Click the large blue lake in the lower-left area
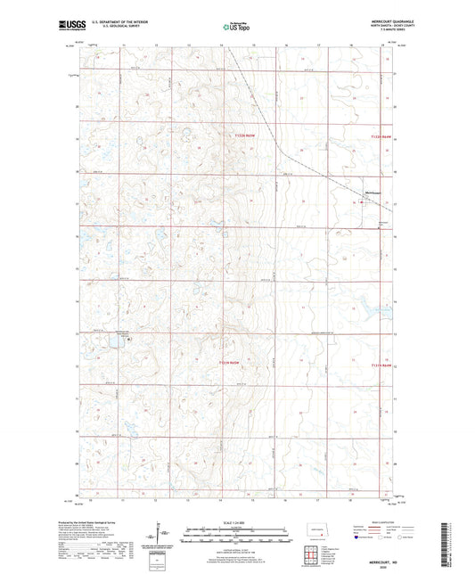coord(115,340)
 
